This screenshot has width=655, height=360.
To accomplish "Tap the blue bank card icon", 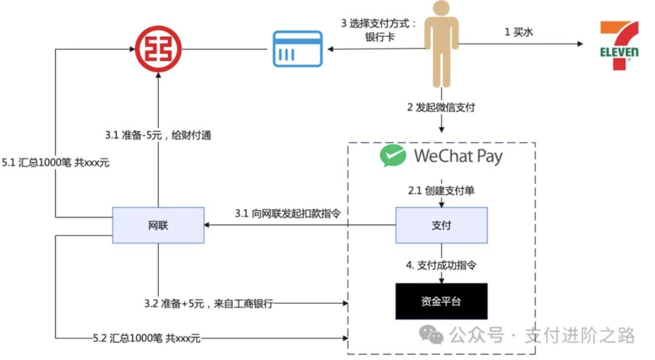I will [x=296, y=48].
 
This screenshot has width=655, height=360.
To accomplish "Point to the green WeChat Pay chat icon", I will [x=392, y=156].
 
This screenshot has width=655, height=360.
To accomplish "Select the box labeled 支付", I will [x=441, y=225].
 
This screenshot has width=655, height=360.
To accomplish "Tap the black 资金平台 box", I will [x=441, y=301].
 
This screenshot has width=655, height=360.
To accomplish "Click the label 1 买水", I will [x=519, y=33].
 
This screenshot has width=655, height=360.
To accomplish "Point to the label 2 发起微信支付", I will [x=441, y=108].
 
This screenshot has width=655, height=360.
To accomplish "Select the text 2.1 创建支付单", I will [x=441, y=190].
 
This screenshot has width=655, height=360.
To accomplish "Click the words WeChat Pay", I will [x=458, y=156].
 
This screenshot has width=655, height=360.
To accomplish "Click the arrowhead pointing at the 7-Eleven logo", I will [x=580, y=44].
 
